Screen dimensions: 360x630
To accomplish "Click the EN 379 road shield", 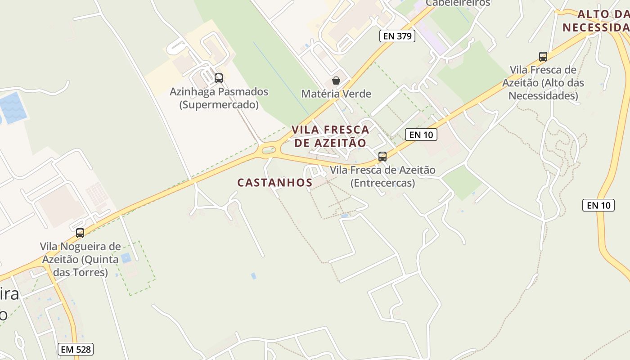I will pyautogui.click(x=397, y=36).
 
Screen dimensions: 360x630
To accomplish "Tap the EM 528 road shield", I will pyautogui.click(x=76, y=349).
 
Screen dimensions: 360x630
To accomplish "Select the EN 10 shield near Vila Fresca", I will pyautogui.click(x=421, y=134).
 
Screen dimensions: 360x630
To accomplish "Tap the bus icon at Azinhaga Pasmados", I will pyautogui.click(x=219, y=78).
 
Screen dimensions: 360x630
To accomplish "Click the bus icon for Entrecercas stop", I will pyautogui.click(x=382, y=157).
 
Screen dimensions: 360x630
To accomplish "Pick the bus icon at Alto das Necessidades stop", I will pyautogui.click(x=543, y=57).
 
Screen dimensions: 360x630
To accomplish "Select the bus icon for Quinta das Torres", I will pyautogui.click(x=80, y=233).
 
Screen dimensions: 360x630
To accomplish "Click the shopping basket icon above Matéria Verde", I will pyautogui.click(x=336, y=81).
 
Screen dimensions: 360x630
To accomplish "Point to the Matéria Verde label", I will pyautogui.click(x=336, y=94).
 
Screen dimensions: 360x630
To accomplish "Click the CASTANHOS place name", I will pyautogui.click(x=274, y=182).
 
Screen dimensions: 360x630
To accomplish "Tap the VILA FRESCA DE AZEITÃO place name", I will pyautogui.click(x=330, y=136).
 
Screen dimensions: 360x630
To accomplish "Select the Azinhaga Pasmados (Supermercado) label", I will pyautogui.click(x=219, y=98).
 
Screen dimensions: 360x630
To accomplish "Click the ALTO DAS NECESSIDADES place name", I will pyautogui.click(x=596, y=21).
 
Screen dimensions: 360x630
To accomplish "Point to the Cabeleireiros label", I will pyautogui.click(x=458, y=3).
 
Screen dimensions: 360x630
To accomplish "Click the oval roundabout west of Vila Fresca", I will pyautogui.click(x=269, y=150).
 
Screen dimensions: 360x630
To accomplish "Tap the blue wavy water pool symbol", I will pyautogui.click(x=12, y=108).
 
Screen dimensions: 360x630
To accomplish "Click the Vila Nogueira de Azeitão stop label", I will pyautogui.click(x=80, y=259).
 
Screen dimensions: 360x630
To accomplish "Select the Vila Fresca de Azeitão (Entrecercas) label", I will pyautogui.click(x=382, y=176).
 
